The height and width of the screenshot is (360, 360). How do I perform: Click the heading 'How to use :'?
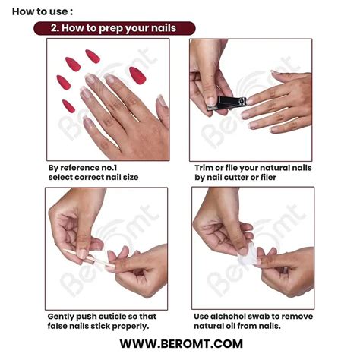[x=43, y=11]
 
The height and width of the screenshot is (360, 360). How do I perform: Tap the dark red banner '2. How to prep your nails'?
[x=114, y=28]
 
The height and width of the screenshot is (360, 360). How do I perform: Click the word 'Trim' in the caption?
[x=206, y=167]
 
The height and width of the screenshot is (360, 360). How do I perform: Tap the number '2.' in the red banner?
[x=56, y=28]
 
